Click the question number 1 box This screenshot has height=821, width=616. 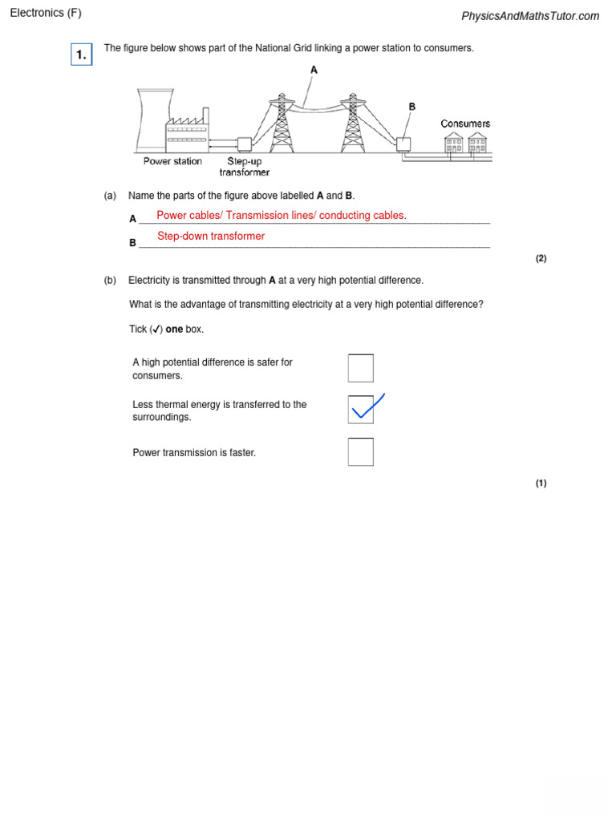(81, 55)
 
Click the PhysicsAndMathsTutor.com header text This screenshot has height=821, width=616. (529, 16)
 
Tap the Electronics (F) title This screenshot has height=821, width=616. (46, 13)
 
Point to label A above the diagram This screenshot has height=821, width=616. (314, 70)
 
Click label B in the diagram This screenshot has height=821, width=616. (412, 106)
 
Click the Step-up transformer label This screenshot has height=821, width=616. (244, 167)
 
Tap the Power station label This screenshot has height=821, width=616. (172, 161)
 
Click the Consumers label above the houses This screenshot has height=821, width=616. (465, 123)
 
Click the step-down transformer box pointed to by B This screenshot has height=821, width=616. (403, 144)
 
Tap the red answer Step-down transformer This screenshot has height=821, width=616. (211, 236)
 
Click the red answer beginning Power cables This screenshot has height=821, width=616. (281, 215)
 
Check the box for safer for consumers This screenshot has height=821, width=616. (360, 368)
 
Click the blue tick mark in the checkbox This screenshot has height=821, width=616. (366, 407)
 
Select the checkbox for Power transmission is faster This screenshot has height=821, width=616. (360, 451)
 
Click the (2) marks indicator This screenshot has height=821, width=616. (541, 258)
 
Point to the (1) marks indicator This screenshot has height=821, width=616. (541, 483)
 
